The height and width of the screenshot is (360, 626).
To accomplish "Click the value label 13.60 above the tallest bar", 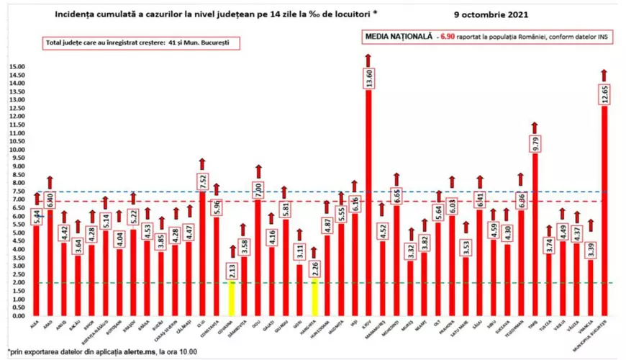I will tap(368, 78).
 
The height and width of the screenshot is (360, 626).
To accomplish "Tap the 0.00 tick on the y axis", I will tap(17, 316).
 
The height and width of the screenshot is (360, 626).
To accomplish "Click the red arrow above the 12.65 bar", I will tap(604, 74).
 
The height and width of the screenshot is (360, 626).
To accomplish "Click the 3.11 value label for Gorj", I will tap(299, 253).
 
